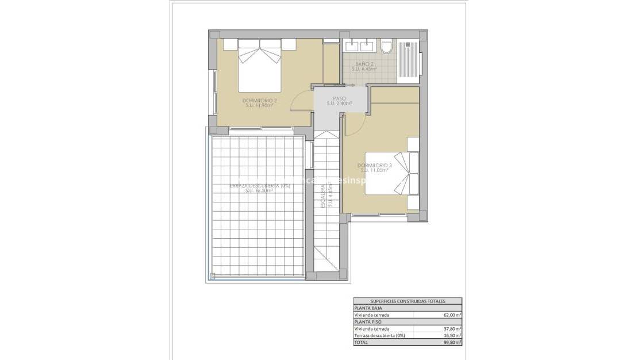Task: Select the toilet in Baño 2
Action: pyautogui.click(x=386, y=46)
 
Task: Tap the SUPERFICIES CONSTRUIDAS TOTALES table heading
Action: pyautogui.click(x=407, y=301)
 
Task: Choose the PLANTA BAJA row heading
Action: pyautogui.click(x=368, y=308)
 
